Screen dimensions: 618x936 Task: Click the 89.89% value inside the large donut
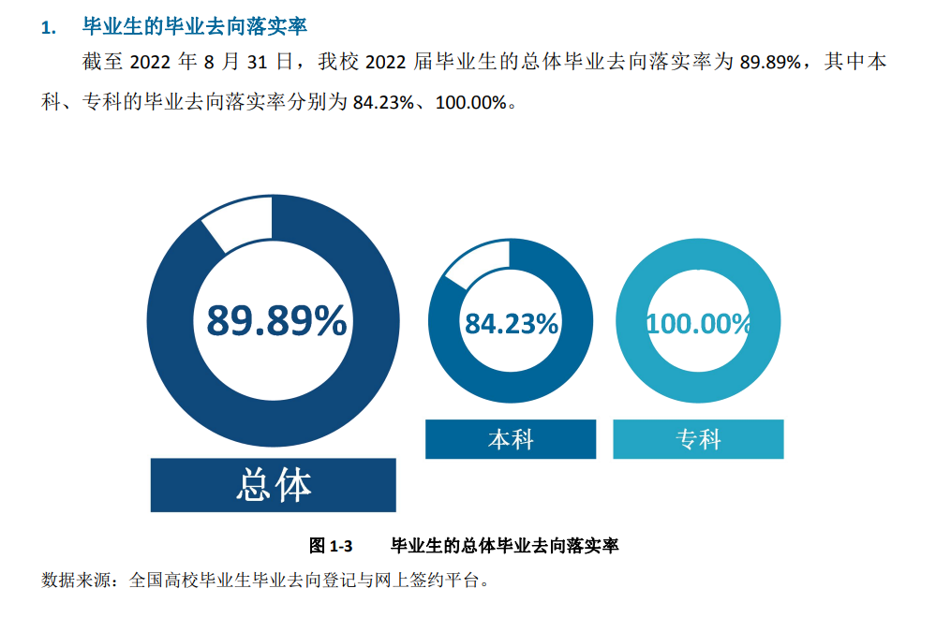point(276,322)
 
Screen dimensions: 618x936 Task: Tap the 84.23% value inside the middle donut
point(512,324)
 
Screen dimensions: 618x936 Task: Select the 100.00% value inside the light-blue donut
point(699,324)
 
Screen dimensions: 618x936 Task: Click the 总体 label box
point(274,485)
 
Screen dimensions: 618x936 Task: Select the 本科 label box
point(511,439)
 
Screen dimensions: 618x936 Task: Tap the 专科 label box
point(698,439)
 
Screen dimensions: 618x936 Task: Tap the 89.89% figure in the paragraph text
point(770,63)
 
